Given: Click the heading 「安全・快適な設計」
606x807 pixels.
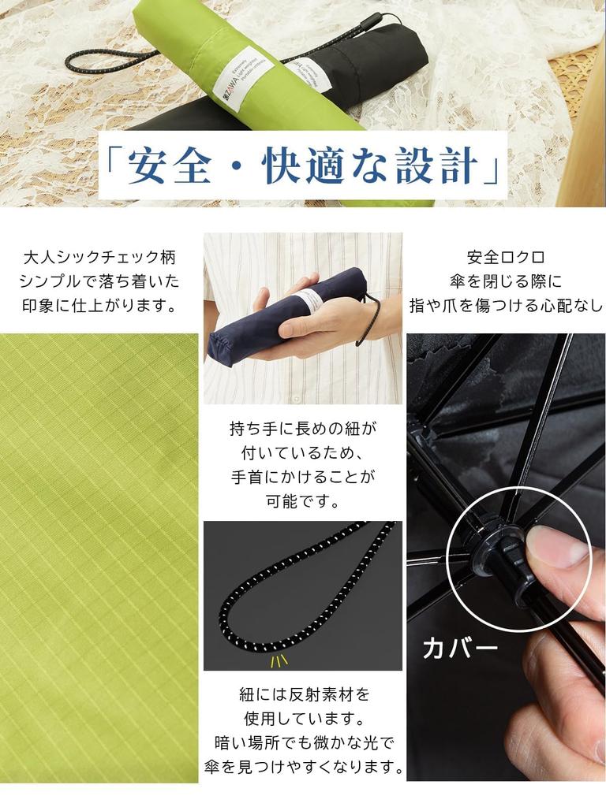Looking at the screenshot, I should click(303, 166).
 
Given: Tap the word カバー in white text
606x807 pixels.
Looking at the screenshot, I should click(461, 648).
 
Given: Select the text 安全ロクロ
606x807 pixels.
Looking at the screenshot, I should click(506, 257).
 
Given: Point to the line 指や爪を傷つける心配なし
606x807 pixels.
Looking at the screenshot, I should click(506, 306).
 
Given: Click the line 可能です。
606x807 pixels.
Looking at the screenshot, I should click(303, 501).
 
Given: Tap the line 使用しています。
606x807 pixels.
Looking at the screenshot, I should click(303, 719).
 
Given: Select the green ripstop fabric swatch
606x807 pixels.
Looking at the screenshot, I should click(99, 552).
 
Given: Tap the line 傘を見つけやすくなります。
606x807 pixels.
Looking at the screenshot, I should click(303, 767).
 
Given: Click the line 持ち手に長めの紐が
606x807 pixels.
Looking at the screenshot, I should click(303, 429).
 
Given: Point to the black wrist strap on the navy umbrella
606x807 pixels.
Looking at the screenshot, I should click(370, 319).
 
